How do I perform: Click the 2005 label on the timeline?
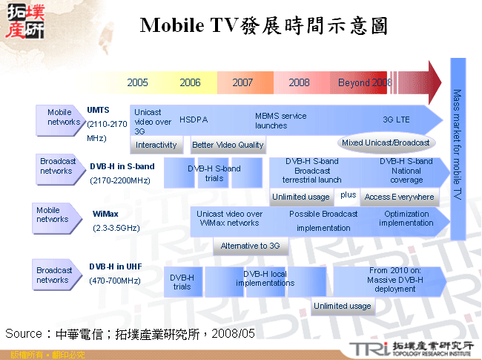click(137, 82)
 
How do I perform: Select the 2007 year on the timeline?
click(242, 82)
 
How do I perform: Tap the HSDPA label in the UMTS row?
click(194, 119)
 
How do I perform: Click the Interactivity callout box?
click(156, 145)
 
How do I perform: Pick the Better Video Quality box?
click(228, 145)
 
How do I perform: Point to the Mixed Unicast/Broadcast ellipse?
click(386, 142)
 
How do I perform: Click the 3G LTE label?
click(396, 120)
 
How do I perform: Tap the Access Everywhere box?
click(400, 197)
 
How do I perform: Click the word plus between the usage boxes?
click(349, 195)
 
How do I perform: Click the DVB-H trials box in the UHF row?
click(182, 281)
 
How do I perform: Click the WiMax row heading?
click(105, 213)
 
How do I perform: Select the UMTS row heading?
click(99, 109)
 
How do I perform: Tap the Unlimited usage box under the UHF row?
click(342, 306)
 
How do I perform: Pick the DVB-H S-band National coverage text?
click(406, 170)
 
